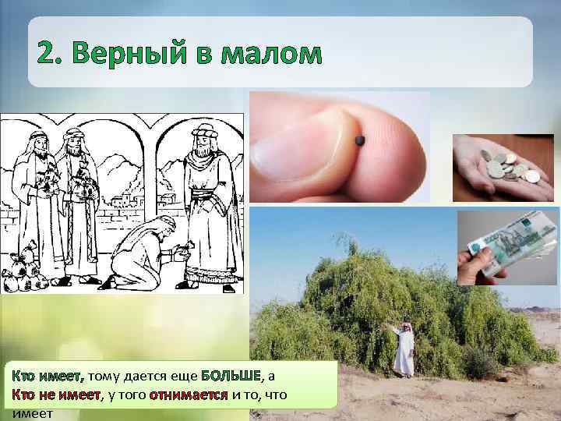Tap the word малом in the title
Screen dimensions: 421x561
[x=270, y=54]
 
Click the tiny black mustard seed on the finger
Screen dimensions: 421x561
[x=360, y=140]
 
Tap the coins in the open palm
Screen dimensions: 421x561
[x=506, y=166]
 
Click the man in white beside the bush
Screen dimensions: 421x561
[x=404, y=348]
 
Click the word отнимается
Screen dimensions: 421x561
[x=188, y=394]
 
